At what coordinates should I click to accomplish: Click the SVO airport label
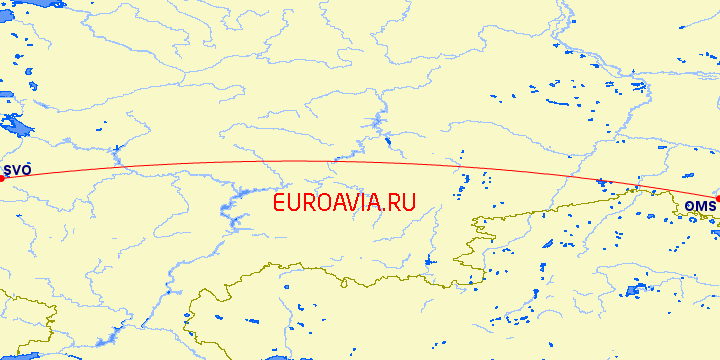click(19, 171)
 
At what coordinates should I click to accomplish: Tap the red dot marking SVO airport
click(3, 178)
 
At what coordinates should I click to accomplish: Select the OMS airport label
click(700, 206)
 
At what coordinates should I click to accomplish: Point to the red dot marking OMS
click(717, 199)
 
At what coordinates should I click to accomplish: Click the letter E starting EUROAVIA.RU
click(279, 202)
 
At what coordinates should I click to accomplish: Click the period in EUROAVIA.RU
click(381, 209)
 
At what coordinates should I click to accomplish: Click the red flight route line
click(300, 161)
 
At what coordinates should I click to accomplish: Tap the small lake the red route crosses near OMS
click(600, 182)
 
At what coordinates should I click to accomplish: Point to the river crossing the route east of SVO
click(118, 160)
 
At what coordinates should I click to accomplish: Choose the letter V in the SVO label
click(19, 171)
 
